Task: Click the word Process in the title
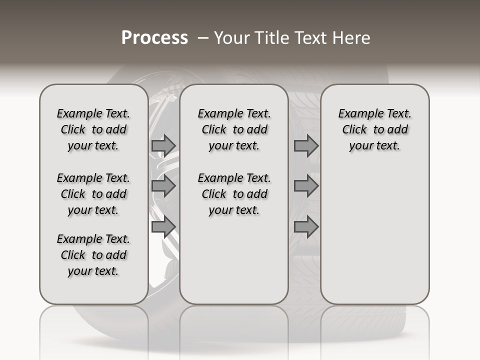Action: [154, 37]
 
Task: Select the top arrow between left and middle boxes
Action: [163, 145]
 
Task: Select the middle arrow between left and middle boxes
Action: [163, 186]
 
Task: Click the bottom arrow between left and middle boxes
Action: [163, 227]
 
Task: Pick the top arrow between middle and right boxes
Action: [306, 145]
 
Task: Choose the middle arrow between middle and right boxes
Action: [306, 186]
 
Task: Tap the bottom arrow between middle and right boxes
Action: [306, 227]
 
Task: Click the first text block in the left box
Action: [93, 129]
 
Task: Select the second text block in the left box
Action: [93, 194]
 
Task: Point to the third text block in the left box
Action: [93, 255]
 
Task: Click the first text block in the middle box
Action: [234, 129]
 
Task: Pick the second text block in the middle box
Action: [234, 194]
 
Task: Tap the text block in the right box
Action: [374, 129]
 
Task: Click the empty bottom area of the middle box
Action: [234, 265]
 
